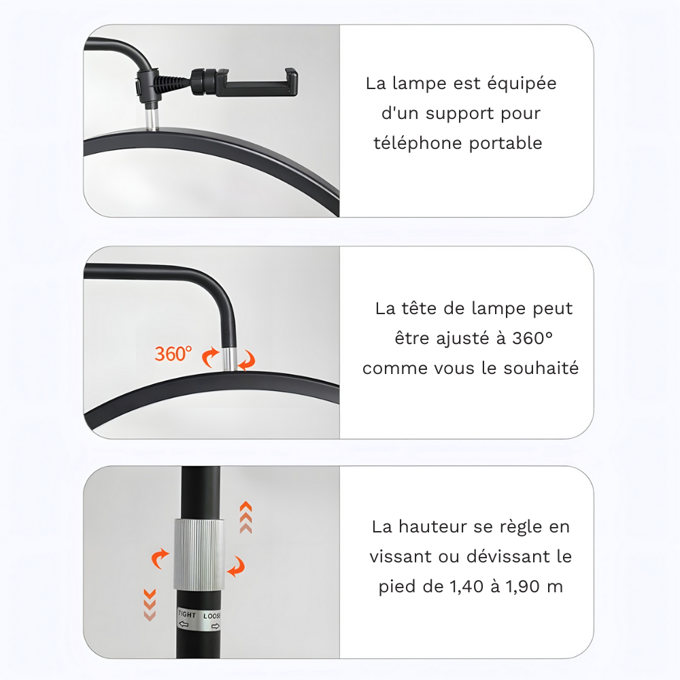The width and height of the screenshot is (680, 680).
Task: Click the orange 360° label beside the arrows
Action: tap(173, 354)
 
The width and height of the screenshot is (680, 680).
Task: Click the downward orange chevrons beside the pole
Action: tap(150, 604)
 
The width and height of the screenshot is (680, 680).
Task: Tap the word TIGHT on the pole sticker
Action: tap(187, 615)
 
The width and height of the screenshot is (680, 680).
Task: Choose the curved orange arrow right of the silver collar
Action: tap(236, 566)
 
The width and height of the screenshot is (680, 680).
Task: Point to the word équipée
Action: tap(523, 84)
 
